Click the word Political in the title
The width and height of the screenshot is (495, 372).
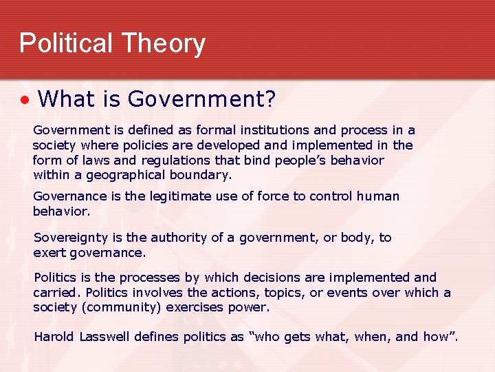click(65, 43)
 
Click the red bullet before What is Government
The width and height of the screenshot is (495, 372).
click(25, 101)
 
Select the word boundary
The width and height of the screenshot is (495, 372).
click(195, 175)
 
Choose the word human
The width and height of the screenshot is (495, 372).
click(378, 196)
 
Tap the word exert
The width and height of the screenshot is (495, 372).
click(48, 252)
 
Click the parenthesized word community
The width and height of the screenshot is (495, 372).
click(119, 307)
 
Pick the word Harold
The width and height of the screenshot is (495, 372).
click(54, 337)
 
